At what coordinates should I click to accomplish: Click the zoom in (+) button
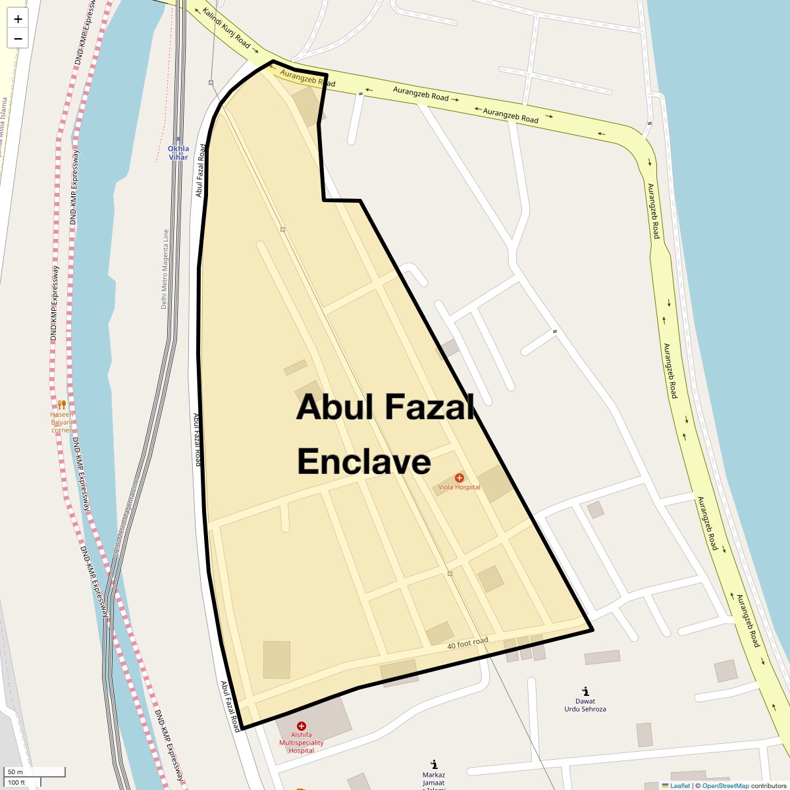pyautogui.click(x=18, y=19)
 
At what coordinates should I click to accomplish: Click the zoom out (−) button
pyautogui.click(x=18, y=38)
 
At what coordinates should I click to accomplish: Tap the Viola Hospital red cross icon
pyautogui.click(x=460, y=477)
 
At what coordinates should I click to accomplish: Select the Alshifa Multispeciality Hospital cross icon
pyautogui.click(x=302, y=725)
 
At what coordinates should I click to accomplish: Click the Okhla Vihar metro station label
pyautogui.click(x=178, y=153)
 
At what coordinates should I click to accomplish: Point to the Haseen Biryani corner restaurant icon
pyautogui.click(x=62, y=404)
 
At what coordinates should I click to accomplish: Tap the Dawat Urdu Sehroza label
pyautogui.click(x=585, y=705)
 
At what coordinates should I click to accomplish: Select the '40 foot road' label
pyautogui.click(x=467, y=643)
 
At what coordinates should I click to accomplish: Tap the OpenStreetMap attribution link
pyautogui.click(x=725, y=785)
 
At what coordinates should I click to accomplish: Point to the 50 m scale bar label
pyautogui.click(x=15, y=772)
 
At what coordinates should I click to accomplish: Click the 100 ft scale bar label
pyautogui.click(x=16, y=782)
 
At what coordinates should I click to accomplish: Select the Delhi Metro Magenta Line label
pyautogui.click(x=165, y=269)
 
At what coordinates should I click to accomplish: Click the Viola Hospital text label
pyautogui.click(x=460, y=487)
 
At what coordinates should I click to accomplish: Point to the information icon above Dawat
pyautogui.click(x=585, y=691)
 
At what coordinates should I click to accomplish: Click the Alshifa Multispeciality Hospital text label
pyautogui.click(x=302, y=743)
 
